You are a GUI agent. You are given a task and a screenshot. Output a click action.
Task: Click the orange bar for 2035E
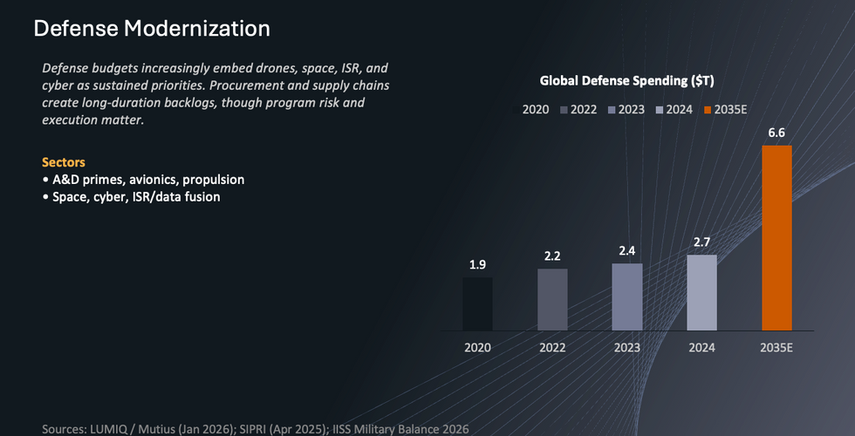click(x=776, y=238)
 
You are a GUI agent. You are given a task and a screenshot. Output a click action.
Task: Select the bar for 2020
click(x=477, y=304)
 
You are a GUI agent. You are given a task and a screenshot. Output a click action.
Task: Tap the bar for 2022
click(x=552, y=300)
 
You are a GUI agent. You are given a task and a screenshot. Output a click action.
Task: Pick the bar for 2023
click(x=626, y=297)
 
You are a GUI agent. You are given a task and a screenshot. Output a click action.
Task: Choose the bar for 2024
click(x=701, y=293)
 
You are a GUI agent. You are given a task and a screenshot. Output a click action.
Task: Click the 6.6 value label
click(x=776, y=133)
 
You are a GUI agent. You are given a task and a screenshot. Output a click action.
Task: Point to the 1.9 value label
click(x=477, y=265)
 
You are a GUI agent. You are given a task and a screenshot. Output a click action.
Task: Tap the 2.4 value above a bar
click(x=626, y=250)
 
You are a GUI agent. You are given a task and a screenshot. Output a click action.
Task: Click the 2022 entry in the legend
click(x=583, y=110)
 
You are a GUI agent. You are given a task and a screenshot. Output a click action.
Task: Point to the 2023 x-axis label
click(x=626, y=347)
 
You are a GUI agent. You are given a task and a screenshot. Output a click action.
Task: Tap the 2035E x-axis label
click(x=776, y=347)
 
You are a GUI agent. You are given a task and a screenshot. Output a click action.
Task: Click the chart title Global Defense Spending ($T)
click(x=627, y=81)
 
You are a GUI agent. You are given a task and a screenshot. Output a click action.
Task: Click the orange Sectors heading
click(x=64, y=162)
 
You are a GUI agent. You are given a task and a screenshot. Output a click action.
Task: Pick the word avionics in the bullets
click(x=150, y=180)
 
